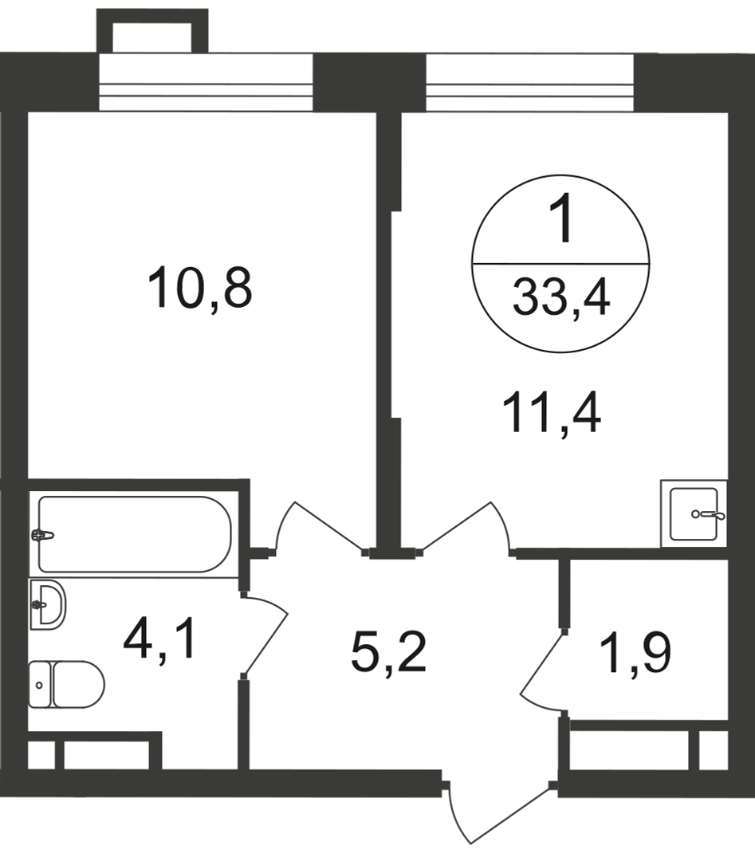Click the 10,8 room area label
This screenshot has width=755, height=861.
click(199, 288)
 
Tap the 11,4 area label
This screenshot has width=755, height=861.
click(551, 414)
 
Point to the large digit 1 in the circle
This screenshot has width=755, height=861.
click(562, 221)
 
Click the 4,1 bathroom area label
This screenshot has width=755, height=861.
click(159, 643)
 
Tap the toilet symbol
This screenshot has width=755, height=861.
click(67, 684)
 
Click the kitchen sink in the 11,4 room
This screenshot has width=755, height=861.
click(694, 514)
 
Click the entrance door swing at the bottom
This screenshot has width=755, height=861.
click(498, 813)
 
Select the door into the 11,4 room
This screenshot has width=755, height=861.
click(466, 526)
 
